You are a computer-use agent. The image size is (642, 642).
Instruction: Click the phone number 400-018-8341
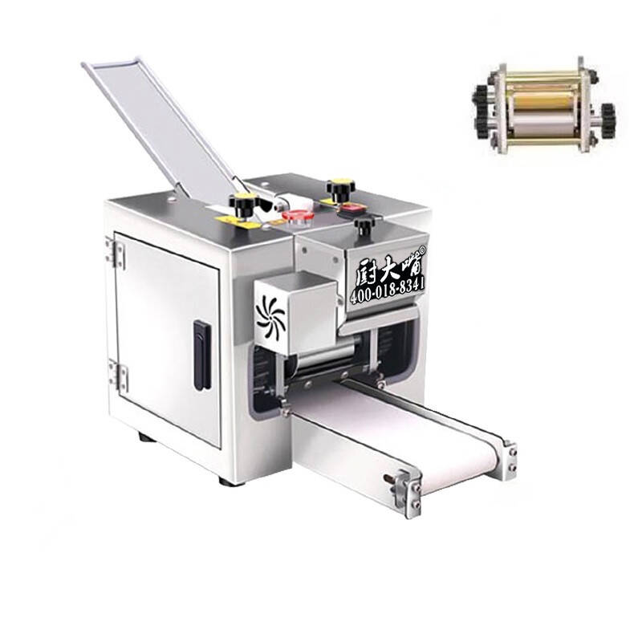tap(388, 289)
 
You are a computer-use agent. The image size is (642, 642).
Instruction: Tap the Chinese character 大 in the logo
tap(387, 269)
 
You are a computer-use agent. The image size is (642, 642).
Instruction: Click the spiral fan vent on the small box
tap(270, 316)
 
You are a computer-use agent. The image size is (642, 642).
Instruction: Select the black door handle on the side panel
tap(202, 355)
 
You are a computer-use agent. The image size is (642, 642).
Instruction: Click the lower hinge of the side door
tap(119, 375)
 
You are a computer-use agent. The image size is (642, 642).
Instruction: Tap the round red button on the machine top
tap(298, 216)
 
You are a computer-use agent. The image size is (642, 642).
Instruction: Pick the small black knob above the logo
tap(364, 226)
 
